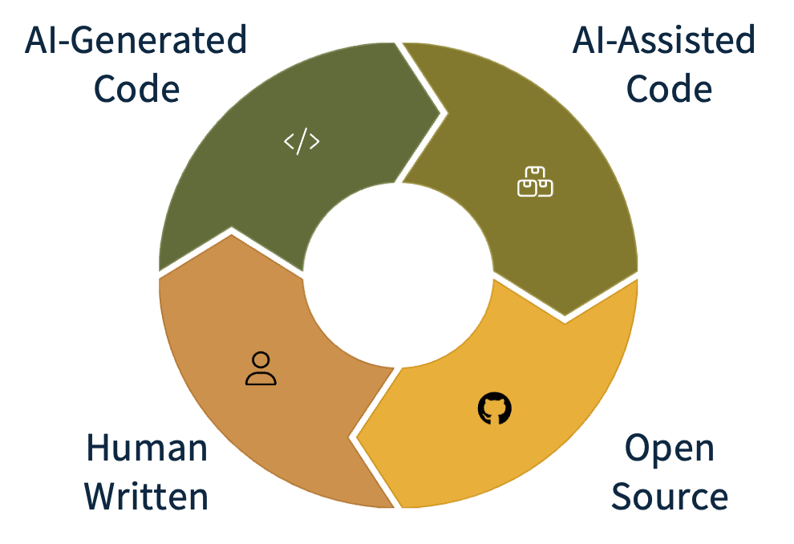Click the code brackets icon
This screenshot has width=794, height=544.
pyautogui.click(x=302, y=141)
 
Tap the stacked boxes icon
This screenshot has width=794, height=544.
pyautogui.click(x=535, y=182)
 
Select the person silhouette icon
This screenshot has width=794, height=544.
pyautogui.click(x=261, y=368)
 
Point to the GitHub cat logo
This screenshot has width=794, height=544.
pyautogui.click(x=494, y=408)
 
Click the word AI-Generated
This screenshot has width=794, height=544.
pyautogui.click(x=133, y=40)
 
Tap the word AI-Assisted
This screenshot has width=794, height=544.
pyautogui.click(x=662, y=40)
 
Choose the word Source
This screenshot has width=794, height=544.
pyautogui.click(x=670, y=497)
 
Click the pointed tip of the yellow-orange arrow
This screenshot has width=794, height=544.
pyautogui.click(x=351, y=436)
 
